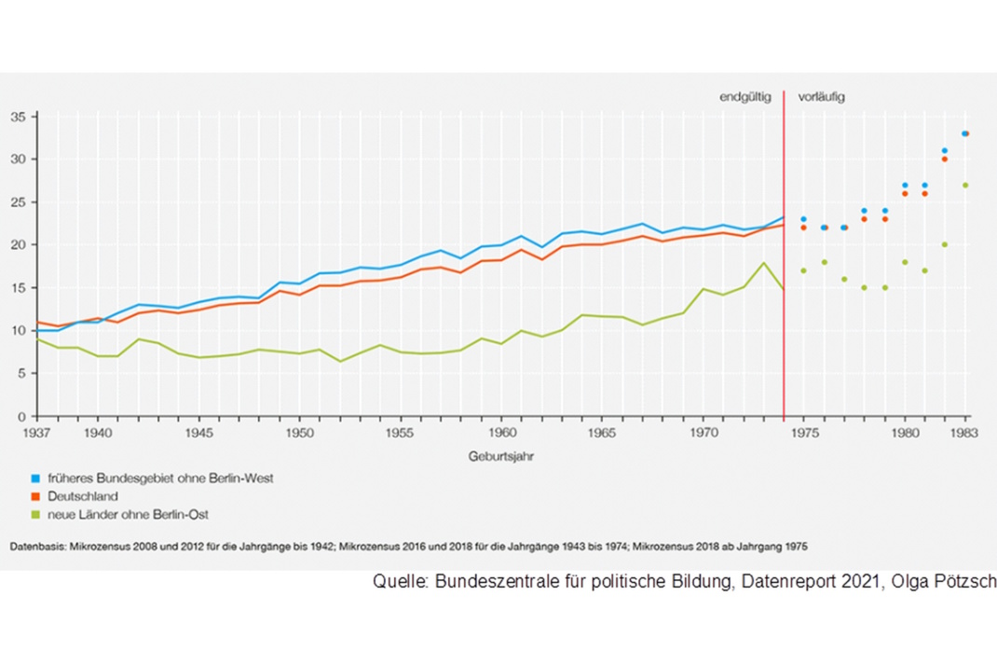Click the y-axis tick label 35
click(x=18, y=117)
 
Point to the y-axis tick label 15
click(x=18, y=287)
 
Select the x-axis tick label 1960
click(x=502, y=434)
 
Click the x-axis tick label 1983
click(x=966, y=434)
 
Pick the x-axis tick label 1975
click(x=803, y=434)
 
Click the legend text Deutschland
click(x=83, y=496)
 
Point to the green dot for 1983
click(x=965, y=185)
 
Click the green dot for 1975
click(x=803, y=270)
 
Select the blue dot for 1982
click(x=945, y=150)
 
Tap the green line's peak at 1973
click(x=763, y=263)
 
